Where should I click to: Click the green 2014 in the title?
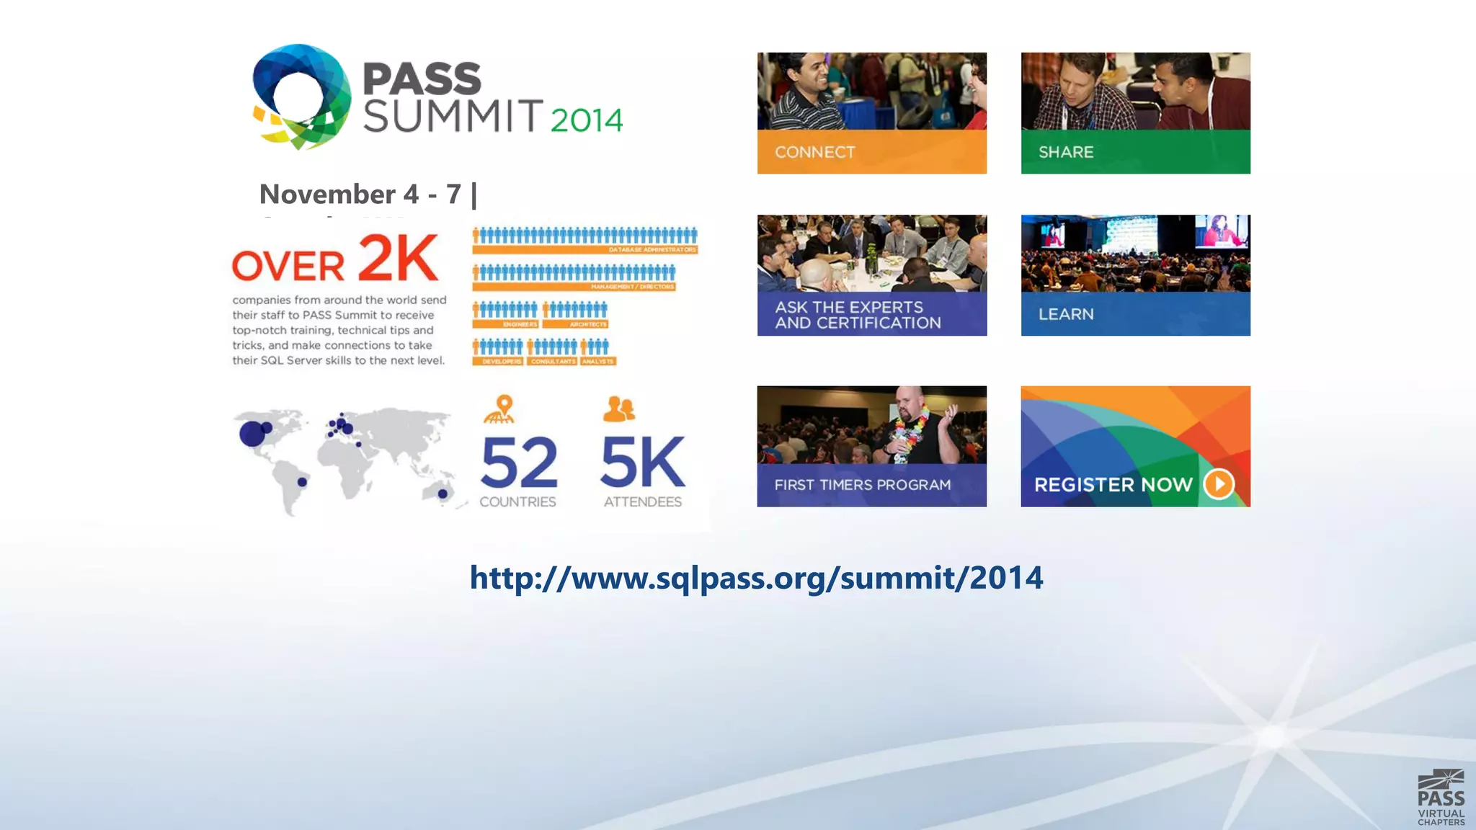click(x=586, y=120)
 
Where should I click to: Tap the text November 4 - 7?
click(x=360, y=194)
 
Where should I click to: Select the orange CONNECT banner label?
click(x=814, y=152)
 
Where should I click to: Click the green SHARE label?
click(x=1065, y=152)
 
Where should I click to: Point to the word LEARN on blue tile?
click(x=1065, y=314)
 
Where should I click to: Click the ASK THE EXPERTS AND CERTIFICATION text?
click(x=857, y=315)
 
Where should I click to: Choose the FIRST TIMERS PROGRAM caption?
click(x=862, y=485)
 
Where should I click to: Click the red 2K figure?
click(x=397, y=258)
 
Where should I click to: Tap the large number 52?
click(x=518, y=463)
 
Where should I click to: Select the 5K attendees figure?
click(x=641, y=463)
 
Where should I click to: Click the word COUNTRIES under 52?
click(x=517, y=501)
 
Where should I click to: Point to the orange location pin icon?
click(x=504, y=407)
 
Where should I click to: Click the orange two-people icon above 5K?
click(x=618, y=409)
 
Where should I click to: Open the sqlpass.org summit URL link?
click(x=756, y=577)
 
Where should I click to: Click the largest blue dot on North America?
click(x=252, y=434)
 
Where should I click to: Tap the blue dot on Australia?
click(x=443, y=494)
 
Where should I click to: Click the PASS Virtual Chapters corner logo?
click(x=1440, y=798)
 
